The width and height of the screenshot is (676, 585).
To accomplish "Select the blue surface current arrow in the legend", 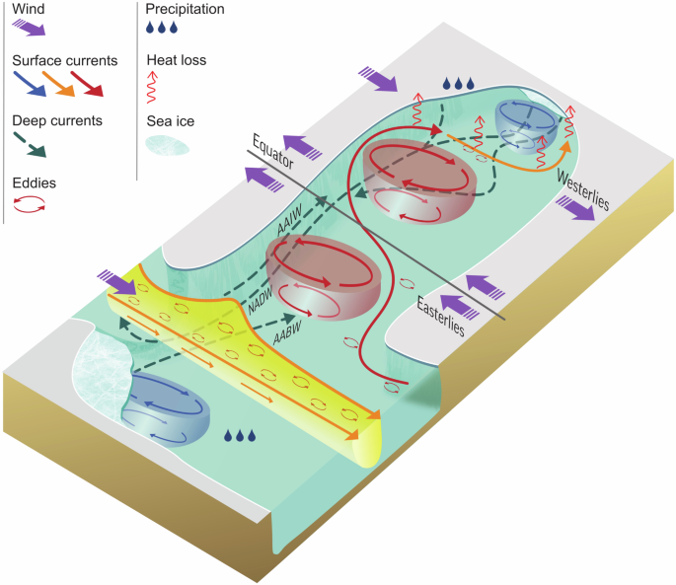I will tap(30, 86).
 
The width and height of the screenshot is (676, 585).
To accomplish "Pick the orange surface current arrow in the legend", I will tap(63, 86).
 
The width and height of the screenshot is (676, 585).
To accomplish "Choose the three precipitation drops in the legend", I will tap(163, 31).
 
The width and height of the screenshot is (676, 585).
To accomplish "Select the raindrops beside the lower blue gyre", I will tap(241, 435).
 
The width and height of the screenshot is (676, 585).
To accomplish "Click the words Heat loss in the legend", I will tap(178, 61).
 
